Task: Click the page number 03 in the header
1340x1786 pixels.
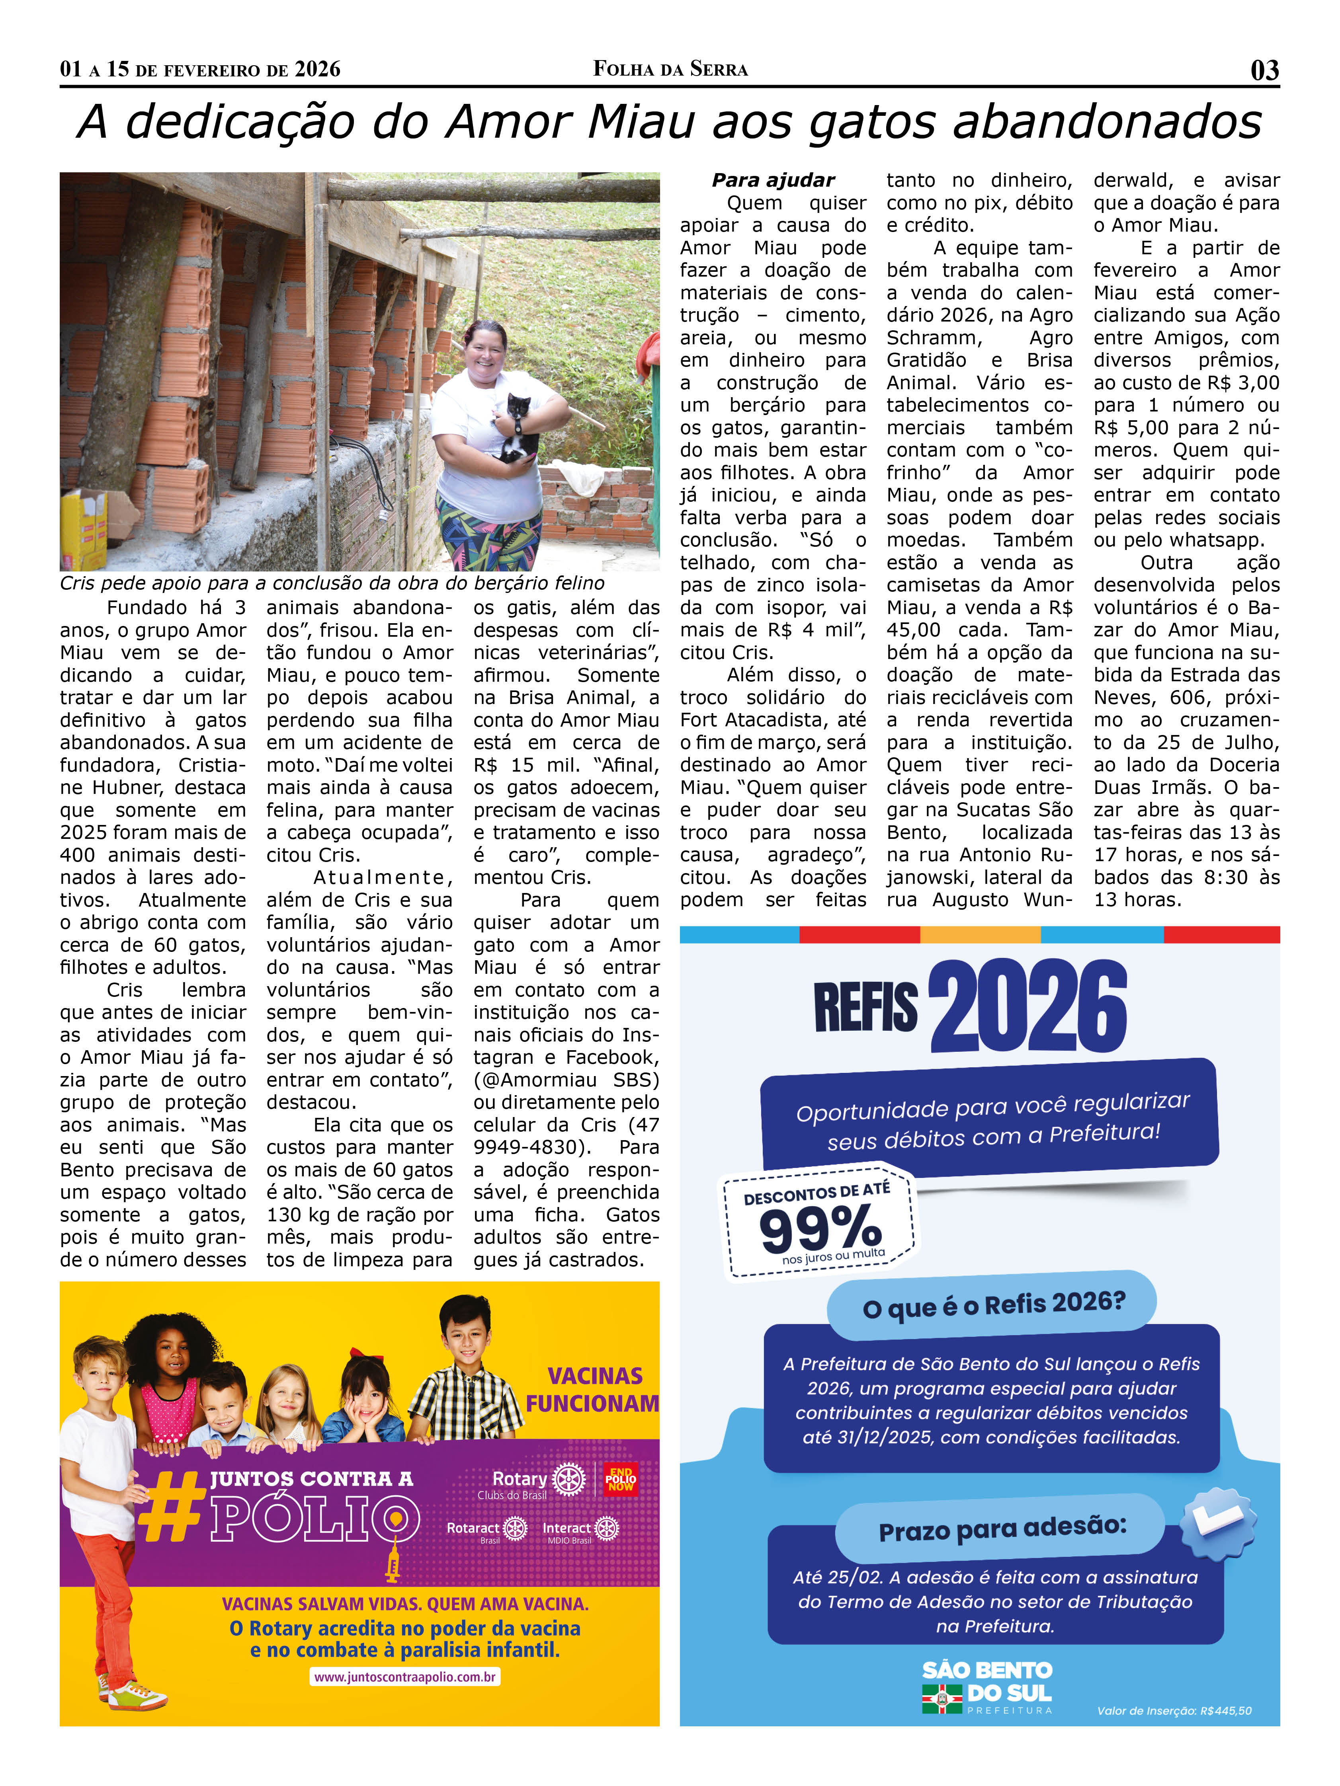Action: (x=1264, y=70)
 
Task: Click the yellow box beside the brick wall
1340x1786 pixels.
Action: (x=84, y=529)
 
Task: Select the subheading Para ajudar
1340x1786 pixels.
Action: (x=773, y=180)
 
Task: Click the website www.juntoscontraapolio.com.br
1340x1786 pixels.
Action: (x=404, y=1677)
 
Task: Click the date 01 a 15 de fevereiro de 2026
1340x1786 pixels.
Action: (x=200, y=70)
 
